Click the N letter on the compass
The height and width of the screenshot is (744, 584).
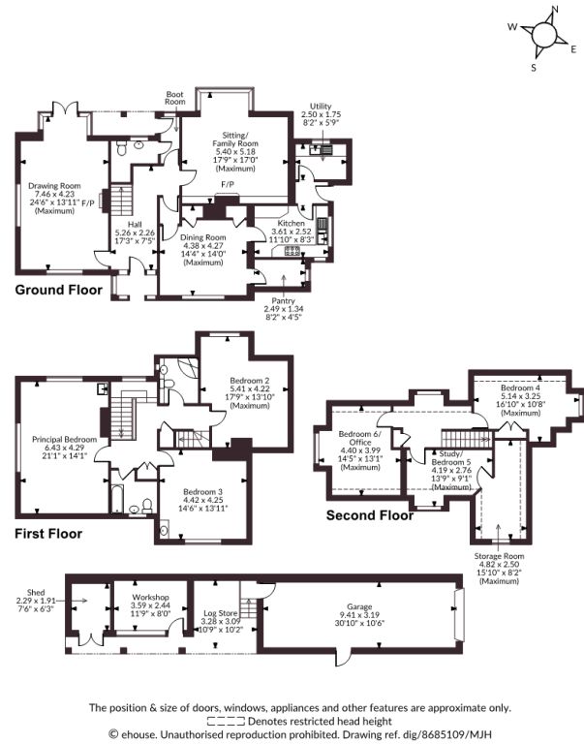point(555,9)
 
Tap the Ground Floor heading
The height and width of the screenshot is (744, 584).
point(59,290)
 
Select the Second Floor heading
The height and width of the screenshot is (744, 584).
point(370,515)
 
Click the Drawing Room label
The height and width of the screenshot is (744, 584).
point(54,186)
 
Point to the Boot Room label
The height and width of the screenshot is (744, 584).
point(174,98)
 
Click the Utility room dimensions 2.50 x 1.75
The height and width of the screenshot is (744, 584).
point(321,114)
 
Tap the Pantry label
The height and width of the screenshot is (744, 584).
point(283,301)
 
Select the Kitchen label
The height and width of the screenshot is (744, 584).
point(292,223)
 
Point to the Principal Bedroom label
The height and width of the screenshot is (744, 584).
point(65,440)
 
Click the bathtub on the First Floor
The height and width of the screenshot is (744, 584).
point(117,498)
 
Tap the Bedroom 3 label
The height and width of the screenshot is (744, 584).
point(202,492)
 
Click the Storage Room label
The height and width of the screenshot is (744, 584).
point(499,556)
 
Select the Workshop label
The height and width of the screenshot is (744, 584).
point(150,597)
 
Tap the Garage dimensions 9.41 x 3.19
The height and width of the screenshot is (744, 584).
point(359,614)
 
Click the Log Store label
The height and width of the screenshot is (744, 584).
point(221,613)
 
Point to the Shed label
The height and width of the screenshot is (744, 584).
point(36,592)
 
